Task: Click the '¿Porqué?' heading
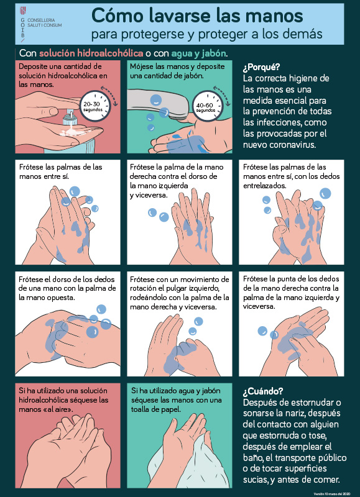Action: (262, 68)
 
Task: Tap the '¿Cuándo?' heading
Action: (263, 392)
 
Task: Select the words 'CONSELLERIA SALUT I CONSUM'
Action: (45, 22)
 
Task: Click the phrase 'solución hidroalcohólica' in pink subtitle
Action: (91, 53)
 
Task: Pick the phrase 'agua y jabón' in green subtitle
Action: (199, 53)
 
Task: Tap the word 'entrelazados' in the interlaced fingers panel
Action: (264, 185)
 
